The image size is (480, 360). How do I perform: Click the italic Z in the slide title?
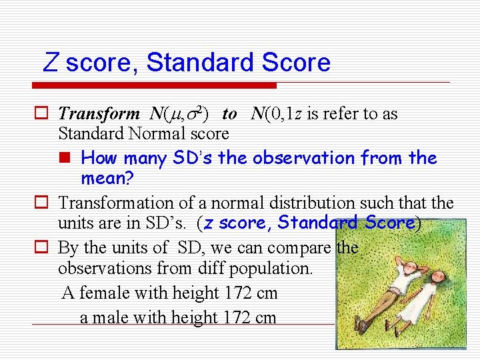pyautogui.click(x=51, y=63)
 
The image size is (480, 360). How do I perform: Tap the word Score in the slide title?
pyautogui.click(x=296, y=63)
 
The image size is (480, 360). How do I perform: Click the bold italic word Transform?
pyautogui.click(x=99, y=114)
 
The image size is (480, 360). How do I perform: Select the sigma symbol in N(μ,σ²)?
pyautogui.click(x=191, y=115)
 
